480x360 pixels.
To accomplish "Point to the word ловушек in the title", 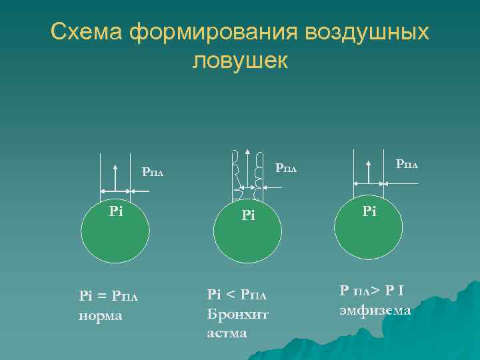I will click(x=240, y=61).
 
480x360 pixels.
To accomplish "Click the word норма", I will click(x=100, y=315).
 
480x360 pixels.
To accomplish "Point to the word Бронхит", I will click(x=238, y=314).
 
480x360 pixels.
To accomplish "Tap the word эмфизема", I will click(x=375, y=310).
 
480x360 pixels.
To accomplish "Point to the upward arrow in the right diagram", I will click(x=368, y=171).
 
